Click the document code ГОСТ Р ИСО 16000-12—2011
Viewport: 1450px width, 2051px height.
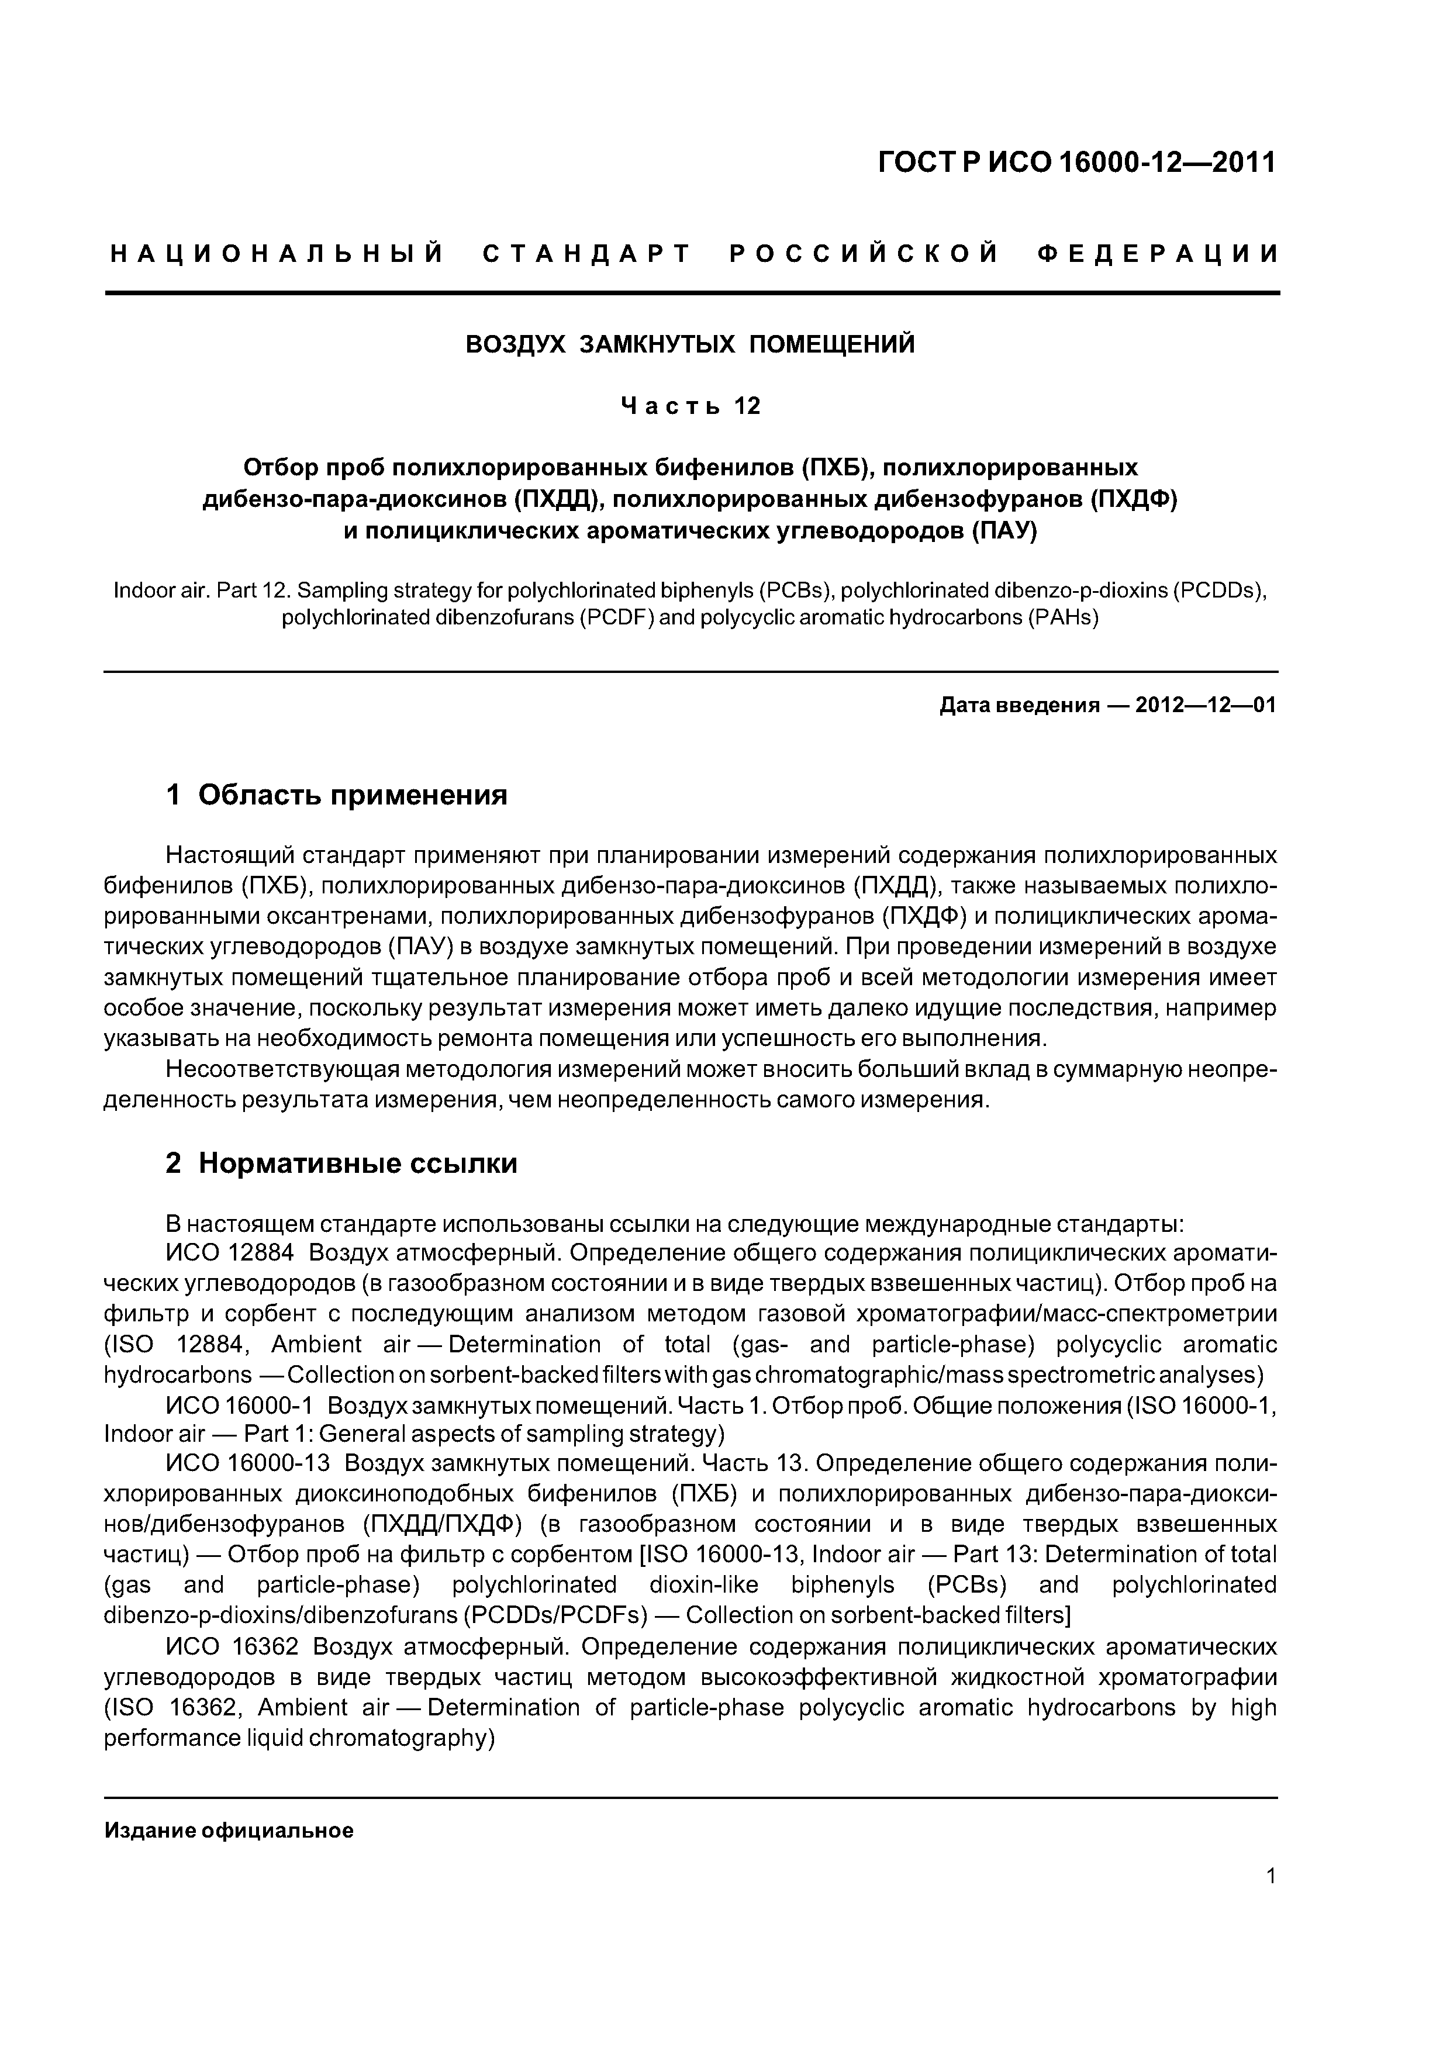pos(1076,163)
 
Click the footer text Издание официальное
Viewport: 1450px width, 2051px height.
pos(229,1831)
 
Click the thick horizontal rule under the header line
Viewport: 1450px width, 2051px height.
pos(691,293)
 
